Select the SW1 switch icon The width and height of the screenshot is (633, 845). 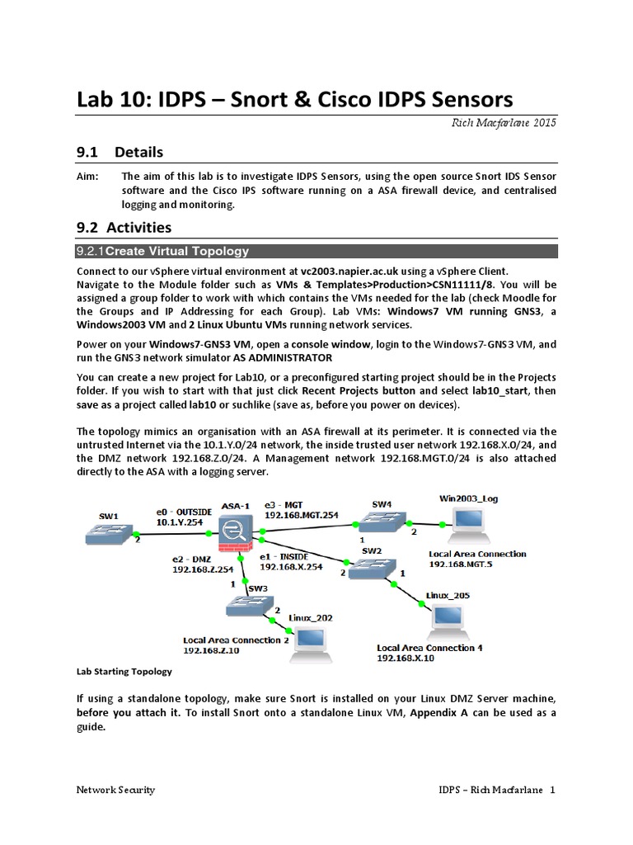tap(110, 536)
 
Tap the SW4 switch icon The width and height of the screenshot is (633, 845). tap(380, 519)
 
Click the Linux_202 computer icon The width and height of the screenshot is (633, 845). tap(312, 640)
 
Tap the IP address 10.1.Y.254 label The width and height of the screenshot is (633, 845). tap(180, 522)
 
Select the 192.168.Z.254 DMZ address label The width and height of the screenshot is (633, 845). tap(203, 569)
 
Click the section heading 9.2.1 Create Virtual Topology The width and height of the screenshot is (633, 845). tap(162, 251)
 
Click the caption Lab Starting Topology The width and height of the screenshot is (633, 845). tap(124, 672)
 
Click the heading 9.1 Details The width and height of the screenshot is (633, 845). tap(120, 152)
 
